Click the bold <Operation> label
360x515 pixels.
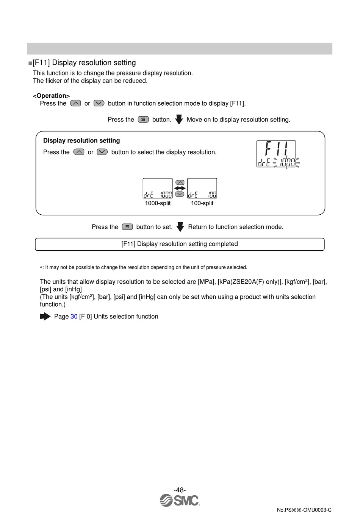pos(51,96)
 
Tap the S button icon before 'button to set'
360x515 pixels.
pos(127,227)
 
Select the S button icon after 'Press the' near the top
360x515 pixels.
pos(143,120)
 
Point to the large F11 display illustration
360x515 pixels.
pos(277,154)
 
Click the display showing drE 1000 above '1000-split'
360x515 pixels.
pos(158,188)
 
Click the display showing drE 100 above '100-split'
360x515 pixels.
pos(202,188)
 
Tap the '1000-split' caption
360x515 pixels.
pos(158,203)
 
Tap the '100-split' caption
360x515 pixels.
pos(202,203)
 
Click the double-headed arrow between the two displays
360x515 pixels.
pos(180,188)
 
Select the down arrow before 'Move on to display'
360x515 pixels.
pos(179,120)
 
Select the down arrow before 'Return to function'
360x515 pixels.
pos(180,227)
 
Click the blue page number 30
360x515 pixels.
pos(74,317)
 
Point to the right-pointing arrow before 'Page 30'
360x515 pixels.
pos(45,317)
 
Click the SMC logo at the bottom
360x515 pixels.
pos(180,501)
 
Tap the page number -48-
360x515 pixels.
pos(180,490)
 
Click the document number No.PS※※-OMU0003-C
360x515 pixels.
pos(304,510)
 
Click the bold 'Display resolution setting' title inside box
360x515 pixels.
pos(81,141)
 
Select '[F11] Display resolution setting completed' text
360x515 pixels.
pos(180,244)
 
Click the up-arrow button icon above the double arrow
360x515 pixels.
pos(180,183)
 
